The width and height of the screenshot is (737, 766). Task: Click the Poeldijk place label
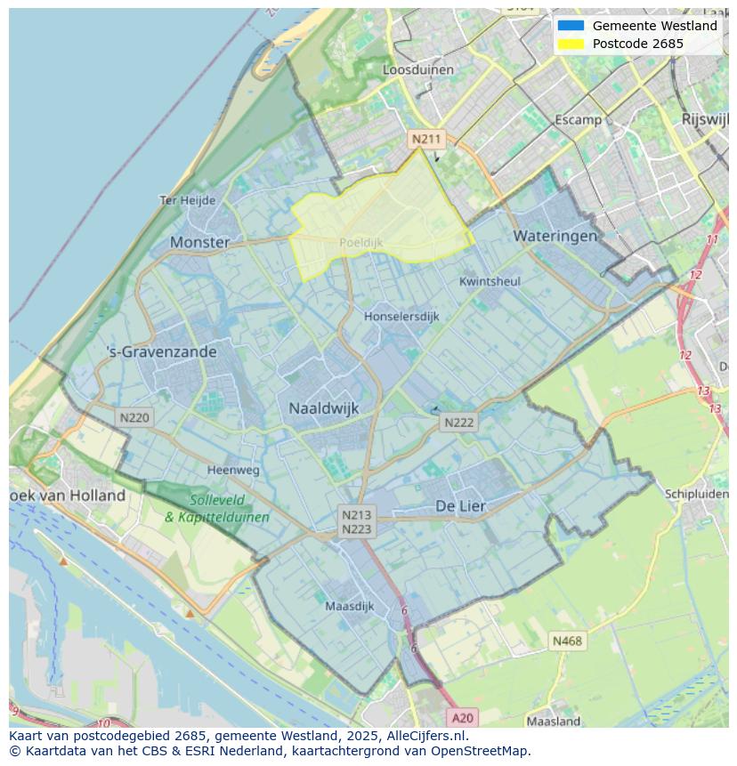[360, 242]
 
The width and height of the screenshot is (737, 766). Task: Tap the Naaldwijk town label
[323, 408]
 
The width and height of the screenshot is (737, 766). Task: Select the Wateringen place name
[555, 236]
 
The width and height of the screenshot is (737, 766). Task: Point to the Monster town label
[199, 242]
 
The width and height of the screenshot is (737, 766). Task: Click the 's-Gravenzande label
[161, 351]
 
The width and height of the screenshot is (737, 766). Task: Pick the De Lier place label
[460, 505]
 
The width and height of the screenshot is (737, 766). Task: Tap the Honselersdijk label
[401, 316]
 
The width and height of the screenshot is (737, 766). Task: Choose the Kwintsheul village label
[490, 281]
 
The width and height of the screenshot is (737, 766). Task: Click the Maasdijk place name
[349, 606]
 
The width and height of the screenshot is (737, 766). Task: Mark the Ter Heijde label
[187, 200]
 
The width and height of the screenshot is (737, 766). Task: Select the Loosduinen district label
[417, 69]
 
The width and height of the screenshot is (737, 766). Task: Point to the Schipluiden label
[696, 494]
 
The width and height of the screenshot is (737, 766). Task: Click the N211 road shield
[425, 139]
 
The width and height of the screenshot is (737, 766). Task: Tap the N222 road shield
[458, 423]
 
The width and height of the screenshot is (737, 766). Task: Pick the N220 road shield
[134, 417]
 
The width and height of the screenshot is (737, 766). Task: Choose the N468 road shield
[567, 641]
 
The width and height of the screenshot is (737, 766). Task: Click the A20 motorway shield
[462, 717]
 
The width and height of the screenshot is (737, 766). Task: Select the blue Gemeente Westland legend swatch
[571, 26]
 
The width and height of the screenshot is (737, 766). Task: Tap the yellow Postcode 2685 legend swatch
[571, 44]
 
